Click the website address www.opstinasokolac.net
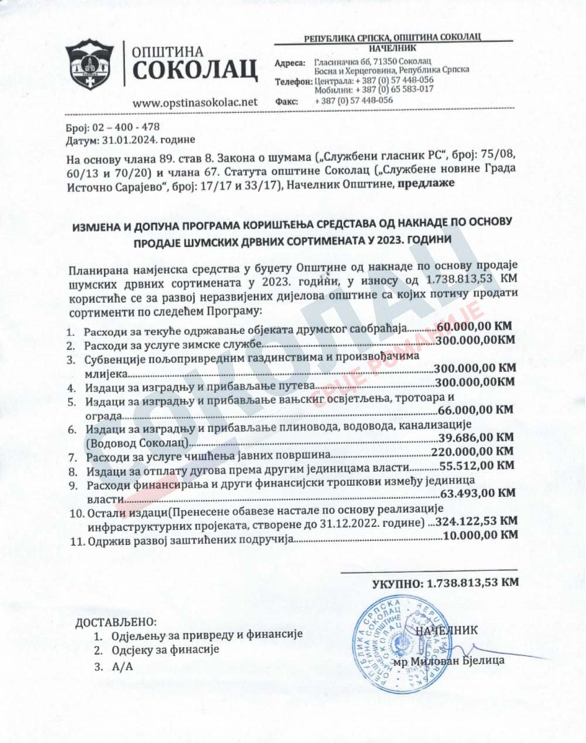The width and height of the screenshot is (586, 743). coord(195,101)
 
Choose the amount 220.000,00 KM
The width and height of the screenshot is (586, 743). coord(472,452)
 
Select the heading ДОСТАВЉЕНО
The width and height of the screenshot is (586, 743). coord(117,621)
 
